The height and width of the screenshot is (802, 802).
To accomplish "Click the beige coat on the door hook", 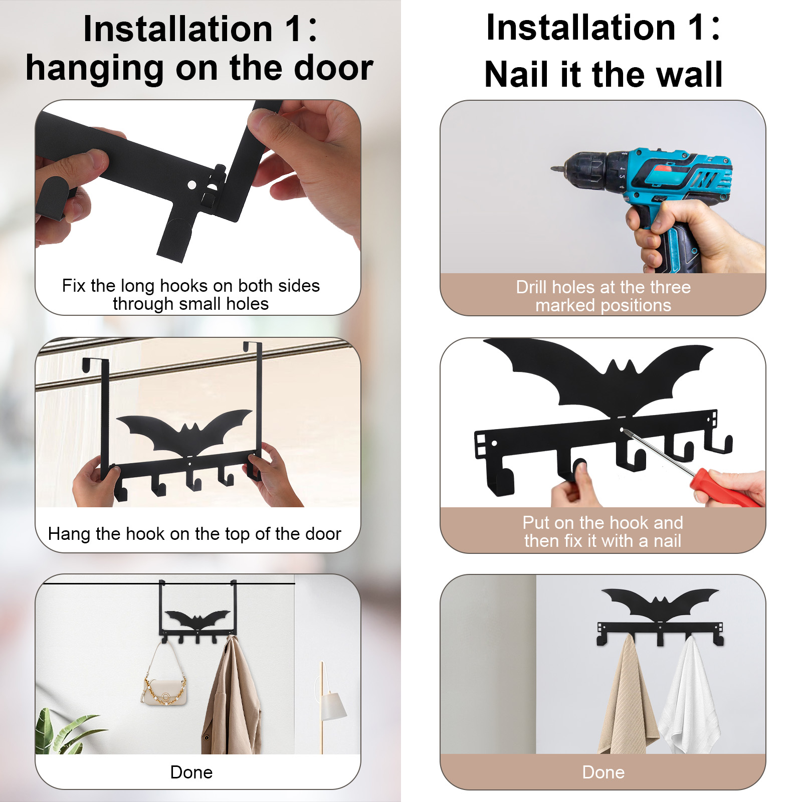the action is coord(232,697).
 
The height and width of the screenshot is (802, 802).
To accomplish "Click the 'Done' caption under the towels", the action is coord(603,772).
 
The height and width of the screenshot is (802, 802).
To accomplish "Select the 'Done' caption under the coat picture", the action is coord(191,772).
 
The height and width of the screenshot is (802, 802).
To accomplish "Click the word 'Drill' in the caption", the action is coord(532,287).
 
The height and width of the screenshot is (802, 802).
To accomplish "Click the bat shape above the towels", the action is coord(660,604).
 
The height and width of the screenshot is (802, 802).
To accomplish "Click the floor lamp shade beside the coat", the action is coord(332,705).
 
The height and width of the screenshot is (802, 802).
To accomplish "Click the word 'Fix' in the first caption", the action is coord(74,286).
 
